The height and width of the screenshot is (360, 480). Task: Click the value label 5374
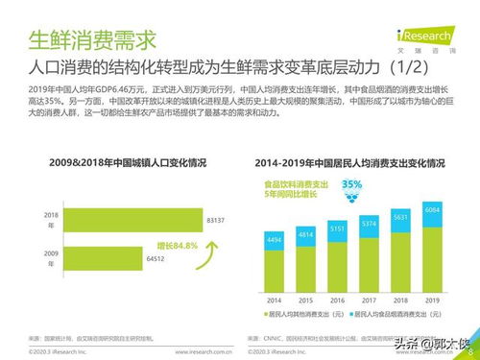369,225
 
